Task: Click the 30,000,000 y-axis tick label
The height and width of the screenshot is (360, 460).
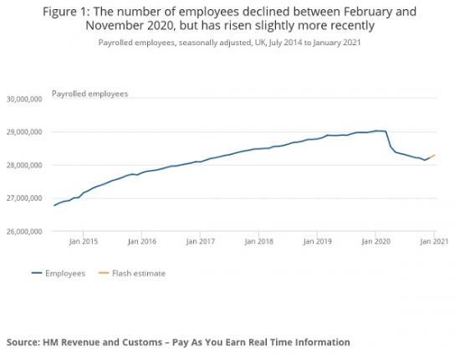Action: (x=24, y=99)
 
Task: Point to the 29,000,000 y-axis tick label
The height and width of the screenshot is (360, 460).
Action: (x=24, y=132)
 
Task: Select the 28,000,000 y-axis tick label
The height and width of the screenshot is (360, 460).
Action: (x=24, y=166)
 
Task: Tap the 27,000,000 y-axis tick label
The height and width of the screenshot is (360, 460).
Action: (x=24, y=198)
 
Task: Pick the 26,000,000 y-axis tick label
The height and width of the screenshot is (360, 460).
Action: (x=24, y=232)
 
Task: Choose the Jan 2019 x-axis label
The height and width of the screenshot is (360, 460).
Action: (x=316, y=243)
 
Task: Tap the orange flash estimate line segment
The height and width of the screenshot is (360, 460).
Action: (x=429, y=157)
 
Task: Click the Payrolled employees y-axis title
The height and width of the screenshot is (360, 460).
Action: (x=89, y=94)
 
